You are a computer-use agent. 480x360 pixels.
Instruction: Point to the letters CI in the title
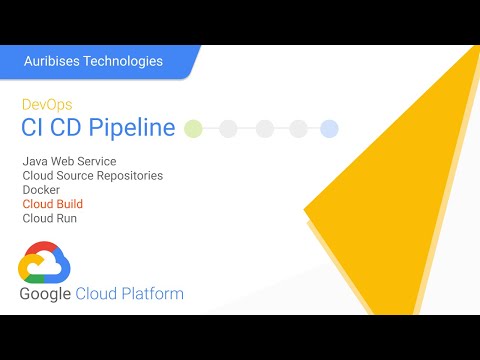(x=33, y=128)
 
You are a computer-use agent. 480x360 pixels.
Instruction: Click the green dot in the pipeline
(x=194, y=128)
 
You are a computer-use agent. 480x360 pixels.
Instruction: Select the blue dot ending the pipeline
(x=329, y=128)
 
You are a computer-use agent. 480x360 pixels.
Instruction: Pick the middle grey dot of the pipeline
(x=264, y=128)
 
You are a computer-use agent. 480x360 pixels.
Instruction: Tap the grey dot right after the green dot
(x=229, y=128)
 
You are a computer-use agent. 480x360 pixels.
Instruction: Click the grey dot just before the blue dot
(x=298, y=128)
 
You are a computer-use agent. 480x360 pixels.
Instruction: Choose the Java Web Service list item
(x=69, y=161)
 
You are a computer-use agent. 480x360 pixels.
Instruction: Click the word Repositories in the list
(x=127, y=175)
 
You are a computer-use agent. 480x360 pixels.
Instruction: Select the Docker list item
(x=41, y=189)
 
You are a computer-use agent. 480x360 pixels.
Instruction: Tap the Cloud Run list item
(x=49, y=217)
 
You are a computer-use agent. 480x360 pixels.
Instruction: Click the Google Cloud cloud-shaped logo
(x=45, y=261)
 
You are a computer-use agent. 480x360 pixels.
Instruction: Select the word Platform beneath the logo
(x=152, y=295)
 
